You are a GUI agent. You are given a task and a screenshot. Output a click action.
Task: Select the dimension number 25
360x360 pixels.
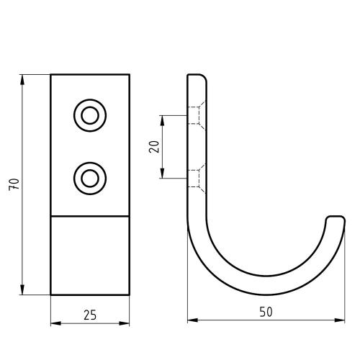(x=90, y=315)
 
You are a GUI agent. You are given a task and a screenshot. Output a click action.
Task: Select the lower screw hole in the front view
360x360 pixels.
(x=90, y=176)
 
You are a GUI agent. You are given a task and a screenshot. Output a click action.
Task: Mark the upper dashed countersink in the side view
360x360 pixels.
(x=195, y=114)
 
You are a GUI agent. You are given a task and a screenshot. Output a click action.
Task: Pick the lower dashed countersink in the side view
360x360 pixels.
(x=195, y=177)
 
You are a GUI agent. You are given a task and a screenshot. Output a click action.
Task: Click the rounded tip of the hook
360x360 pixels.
(x=335, y=217)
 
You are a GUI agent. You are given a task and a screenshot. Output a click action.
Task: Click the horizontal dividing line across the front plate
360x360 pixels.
(x=90, y=216)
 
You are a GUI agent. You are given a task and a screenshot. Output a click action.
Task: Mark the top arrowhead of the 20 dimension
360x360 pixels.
(x=163, y=119)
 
